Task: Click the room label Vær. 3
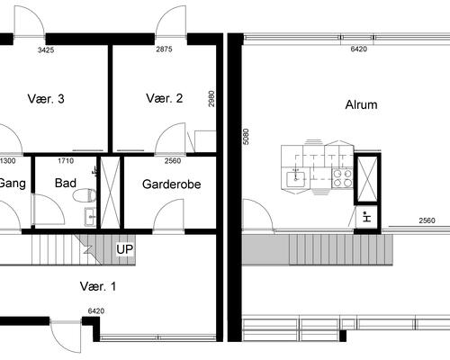(x=46, y=99)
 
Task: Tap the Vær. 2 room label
(x=165, y=98)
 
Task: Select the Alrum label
(x=361, y=104)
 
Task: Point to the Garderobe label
(x=171, y=184)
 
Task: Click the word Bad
(x=66, y=183)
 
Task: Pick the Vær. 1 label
(x=98, y=286)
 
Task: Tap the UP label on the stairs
(x=125, y=249)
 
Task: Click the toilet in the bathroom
(x=85, y=195)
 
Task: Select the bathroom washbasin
(x=90, y=217)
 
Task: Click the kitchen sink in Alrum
(x=295, y=179)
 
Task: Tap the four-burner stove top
(x=343, y=178)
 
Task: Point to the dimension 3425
(x=46, y=50)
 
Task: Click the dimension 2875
(x=164, y=49)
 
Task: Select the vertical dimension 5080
(x=246, y=137)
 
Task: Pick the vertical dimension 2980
(x=211, y=99)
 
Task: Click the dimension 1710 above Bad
(x=66, y=161)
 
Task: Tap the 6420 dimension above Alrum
(x=359, y=49)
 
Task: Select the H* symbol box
(x=366, y=217)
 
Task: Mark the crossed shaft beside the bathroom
(x=110, y=193)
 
